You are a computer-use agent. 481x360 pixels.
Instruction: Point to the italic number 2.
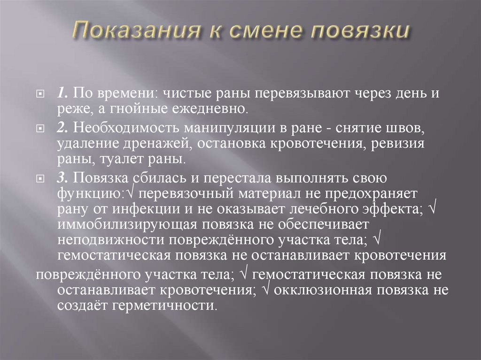(62, 128)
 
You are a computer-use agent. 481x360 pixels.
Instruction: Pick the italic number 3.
(62, 177)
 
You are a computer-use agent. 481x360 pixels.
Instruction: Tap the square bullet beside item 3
(42, 177)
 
